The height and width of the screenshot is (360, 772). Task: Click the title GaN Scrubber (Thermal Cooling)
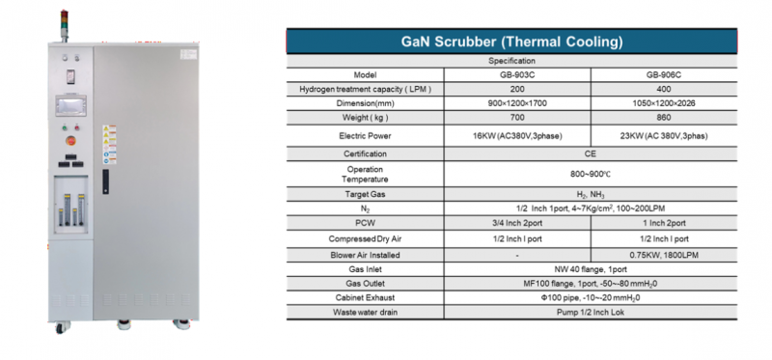pos(510,42)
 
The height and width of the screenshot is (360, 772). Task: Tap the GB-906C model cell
pos(663,74)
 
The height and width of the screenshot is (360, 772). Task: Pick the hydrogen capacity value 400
pos(663,89)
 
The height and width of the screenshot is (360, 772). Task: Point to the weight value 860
pos(663,117)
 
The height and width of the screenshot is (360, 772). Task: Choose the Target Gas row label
pos(365,194)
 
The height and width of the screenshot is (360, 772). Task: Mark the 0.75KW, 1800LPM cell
pos(663,254)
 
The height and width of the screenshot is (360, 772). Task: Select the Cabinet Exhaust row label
pos(365,298)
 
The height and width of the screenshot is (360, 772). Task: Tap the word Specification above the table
pos(510,60)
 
